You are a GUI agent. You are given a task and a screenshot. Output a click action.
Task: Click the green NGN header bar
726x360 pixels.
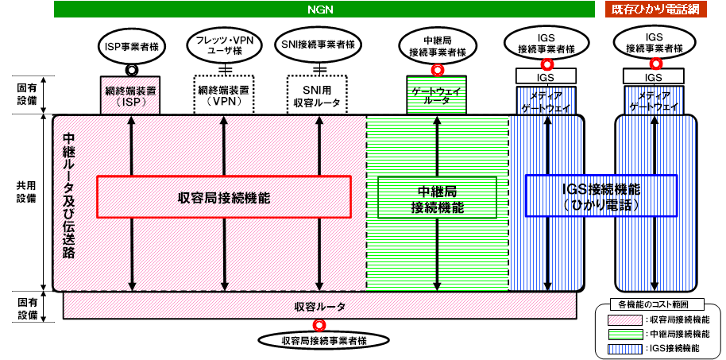click(x=324, y=10)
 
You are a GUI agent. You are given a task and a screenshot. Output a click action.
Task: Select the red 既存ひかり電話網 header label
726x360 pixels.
click(x=655, y=10)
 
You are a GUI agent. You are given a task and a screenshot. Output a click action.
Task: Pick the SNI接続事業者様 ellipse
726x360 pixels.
click(x=318, y=45)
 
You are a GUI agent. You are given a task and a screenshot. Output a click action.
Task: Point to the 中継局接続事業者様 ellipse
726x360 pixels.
click(x=437, y=46)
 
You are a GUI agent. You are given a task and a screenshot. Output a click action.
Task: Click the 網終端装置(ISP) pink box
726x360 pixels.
click(x=130, y=95)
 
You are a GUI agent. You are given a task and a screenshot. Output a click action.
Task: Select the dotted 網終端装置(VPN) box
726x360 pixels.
click(x=224, y=95)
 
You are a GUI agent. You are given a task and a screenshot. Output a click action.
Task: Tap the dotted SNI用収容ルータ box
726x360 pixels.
click(x=318, y=95)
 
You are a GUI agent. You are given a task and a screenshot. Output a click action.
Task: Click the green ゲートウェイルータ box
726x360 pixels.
click(x=437, y=95)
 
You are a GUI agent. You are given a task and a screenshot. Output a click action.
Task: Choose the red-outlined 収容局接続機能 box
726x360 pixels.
click(x=224, y=197)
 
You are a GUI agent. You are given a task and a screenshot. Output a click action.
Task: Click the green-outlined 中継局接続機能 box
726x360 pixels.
click(x=438, y=197)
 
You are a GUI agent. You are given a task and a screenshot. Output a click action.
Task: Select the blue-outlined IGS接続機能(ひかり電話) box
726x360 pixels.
click(x=601, y=195)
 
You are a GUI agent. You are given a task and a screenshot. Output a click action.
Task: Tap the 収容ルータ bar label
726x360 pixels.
click(x=319, y=306)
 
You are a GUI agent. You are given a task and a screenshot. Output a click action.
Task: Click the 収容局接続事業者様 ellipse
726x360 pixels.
click(x=323, y=341)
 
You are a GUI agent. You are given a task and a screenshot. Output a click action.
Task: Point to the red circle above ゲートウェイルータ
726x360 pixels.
click(x=437, y=70)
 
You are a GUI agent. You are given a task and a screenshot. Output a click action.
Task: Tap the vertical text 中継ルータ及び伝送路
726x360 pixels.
click(x=68, y=196)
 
